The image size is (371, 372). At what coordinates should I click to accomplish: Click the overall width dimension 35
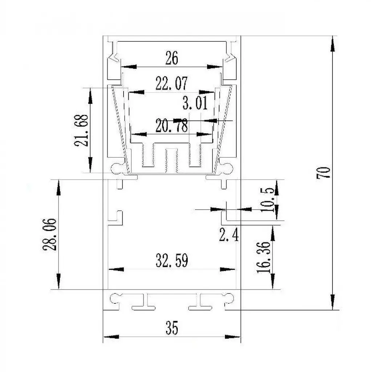pyautogui.click(x=172, y=328)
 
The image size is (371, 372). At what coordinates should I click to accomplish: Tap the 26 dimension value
pyautogui.click(x=172, y=58)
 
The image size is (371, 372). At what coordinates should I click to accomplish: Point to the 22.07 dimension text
pyautogui.click(x=172, y=83)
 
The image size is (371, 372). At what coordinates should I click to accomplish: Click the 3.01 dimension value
pyautogui.click(x=195, y=103)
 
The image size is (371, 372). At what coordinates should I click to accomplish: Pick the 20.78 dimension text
pyautogui.click(x=172, y=126)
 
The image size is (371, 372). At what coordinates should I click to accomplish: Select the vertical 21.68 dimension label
pyautogui.click(x=81, y=130)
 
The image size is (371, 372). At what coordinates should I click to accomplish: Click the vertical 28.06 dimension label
pyautogui.click(x=50, y=234)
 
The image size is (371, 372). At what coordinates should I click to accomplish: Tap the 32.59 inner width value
pyautogui.click(x=172, y=260)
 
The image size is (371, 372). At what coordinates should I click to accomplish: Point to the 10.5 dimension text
pyautogui.click(x=267, y=200)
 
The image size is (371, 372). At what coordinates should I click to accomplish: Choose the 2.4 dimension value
pyautogui.click(x=229, y=235)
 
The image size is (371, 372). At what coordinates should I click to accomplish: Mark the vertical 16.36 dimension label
pyautogui.click(x=263, y=258)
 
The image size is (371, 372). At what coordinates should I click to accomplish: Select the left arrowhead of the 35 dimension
pyautogui.click(x=111, y=337)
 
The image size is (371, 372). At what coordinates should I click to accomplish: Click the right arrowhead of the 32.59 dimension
pyautogui.click(x=227, y=269)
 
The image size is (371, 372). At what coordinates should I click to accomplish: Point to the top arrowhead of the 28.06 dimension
pyautogui.click(x=59, y=187)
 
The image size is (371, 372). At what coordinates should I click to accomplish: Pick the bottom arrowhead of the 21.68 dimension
pyautogui.click(x=90, y=165)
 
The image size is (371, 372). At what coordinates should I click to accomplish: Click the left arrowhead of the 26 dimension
pyautogui.click(x=129, y=67)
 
